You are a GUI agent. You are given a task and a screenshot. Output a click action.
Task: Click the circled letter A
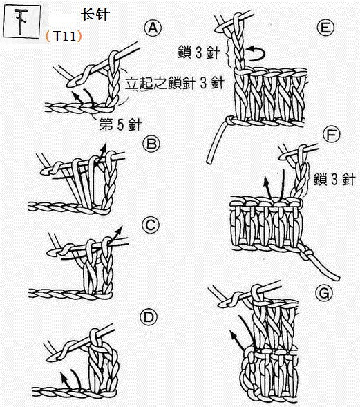[x=151, y=28]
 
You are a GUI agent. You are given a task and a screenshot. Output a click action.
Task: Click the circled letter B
[x=151, y=144]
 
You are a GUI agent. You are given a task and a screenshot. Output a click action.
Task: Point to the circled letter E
[x=323, y=28]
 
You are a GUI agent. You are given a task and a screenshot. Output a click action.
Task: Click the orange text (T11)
[x=63, y=35]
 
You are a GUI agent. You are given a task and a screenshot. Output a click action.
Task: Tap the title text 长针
[x=95, y=13]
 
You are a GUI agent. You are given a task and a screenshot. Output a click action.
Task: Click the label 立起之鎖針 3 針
[x=175, y=84]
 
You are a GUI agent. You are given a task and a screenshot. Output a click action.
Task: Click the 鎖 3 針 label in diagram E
[x=197, y=51]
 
